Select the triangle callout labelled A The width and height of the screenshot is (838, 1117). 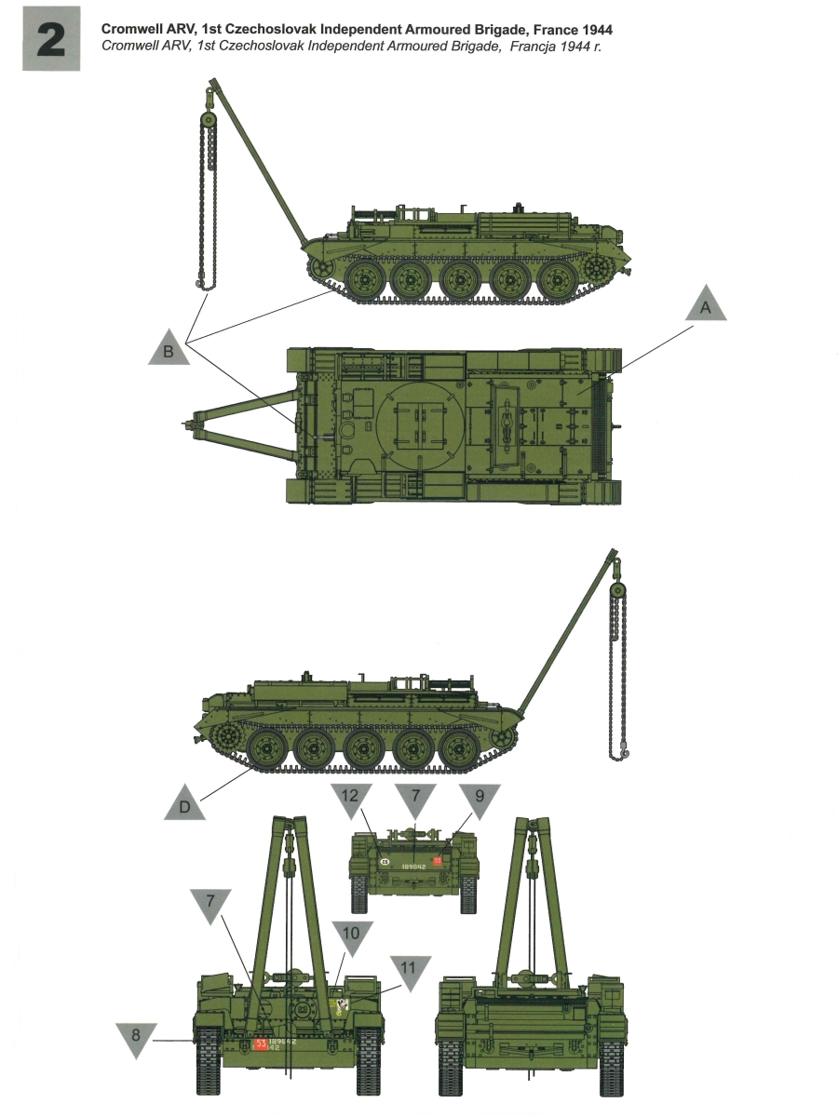click(x=705, y=307)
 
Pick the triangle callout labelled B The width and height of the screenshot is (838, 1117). click(x=169, y=349)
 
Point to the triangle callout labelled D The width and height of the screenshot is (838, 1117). click(x=184, y=804)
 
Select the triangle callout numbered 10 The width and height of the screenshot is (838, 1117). click(x=353, y=936)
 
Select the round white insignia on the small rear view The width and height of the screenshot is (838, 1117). click(x=384, y=862)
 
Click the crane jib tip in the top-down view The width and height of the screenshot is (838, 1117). click(x=196, y=426)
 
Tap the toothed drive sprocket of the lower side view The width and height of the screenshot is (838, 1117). click(x=226, y=739)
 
